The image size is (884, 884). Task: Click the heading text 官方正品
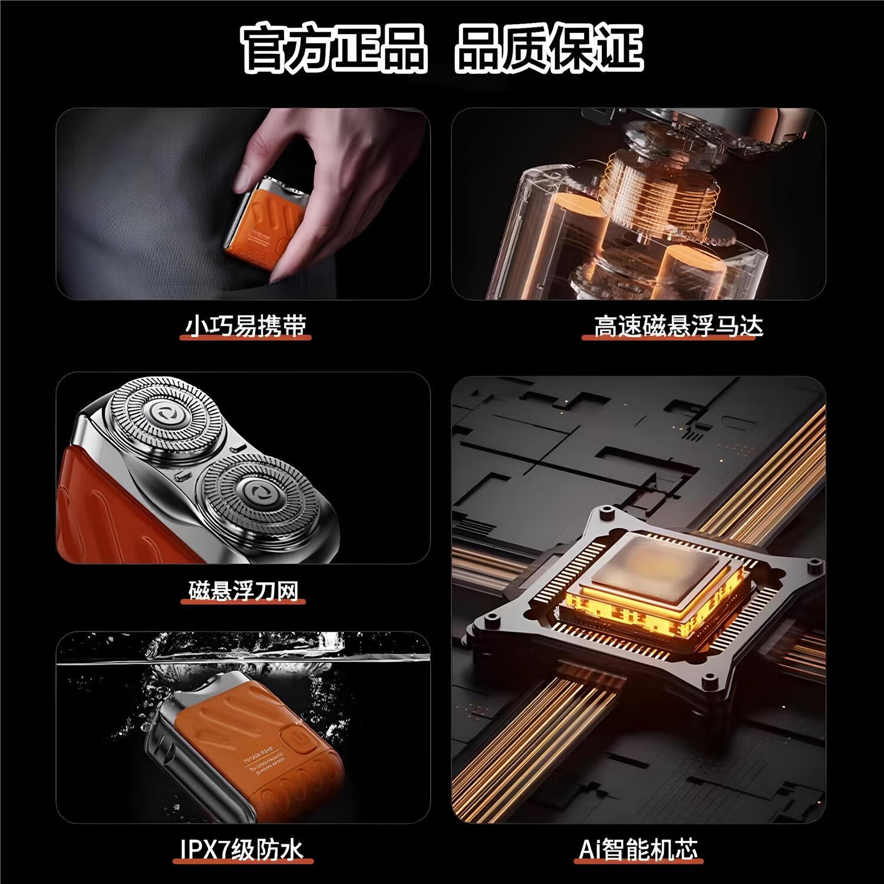(333, 49)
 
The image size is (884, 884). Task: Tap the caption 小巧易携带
(246, 325)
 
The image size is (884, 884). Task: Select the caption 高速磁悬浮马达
(678, 325)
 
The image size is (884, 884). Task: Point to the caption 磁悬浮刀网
(244, 590)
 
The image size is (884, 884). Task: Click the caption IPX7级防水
(242, 850)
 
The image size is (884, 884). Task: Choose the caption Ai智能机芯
(638, 850)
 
